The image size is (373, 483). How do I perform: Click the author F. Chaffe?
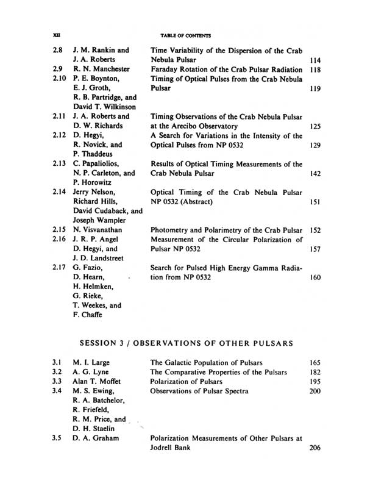coord(88,315)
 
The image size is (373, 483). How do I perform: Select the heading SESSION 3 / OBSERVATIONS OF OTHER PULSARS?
coord(187,343)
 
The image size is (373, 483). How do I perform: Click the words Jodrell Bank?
coord(171,448)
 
